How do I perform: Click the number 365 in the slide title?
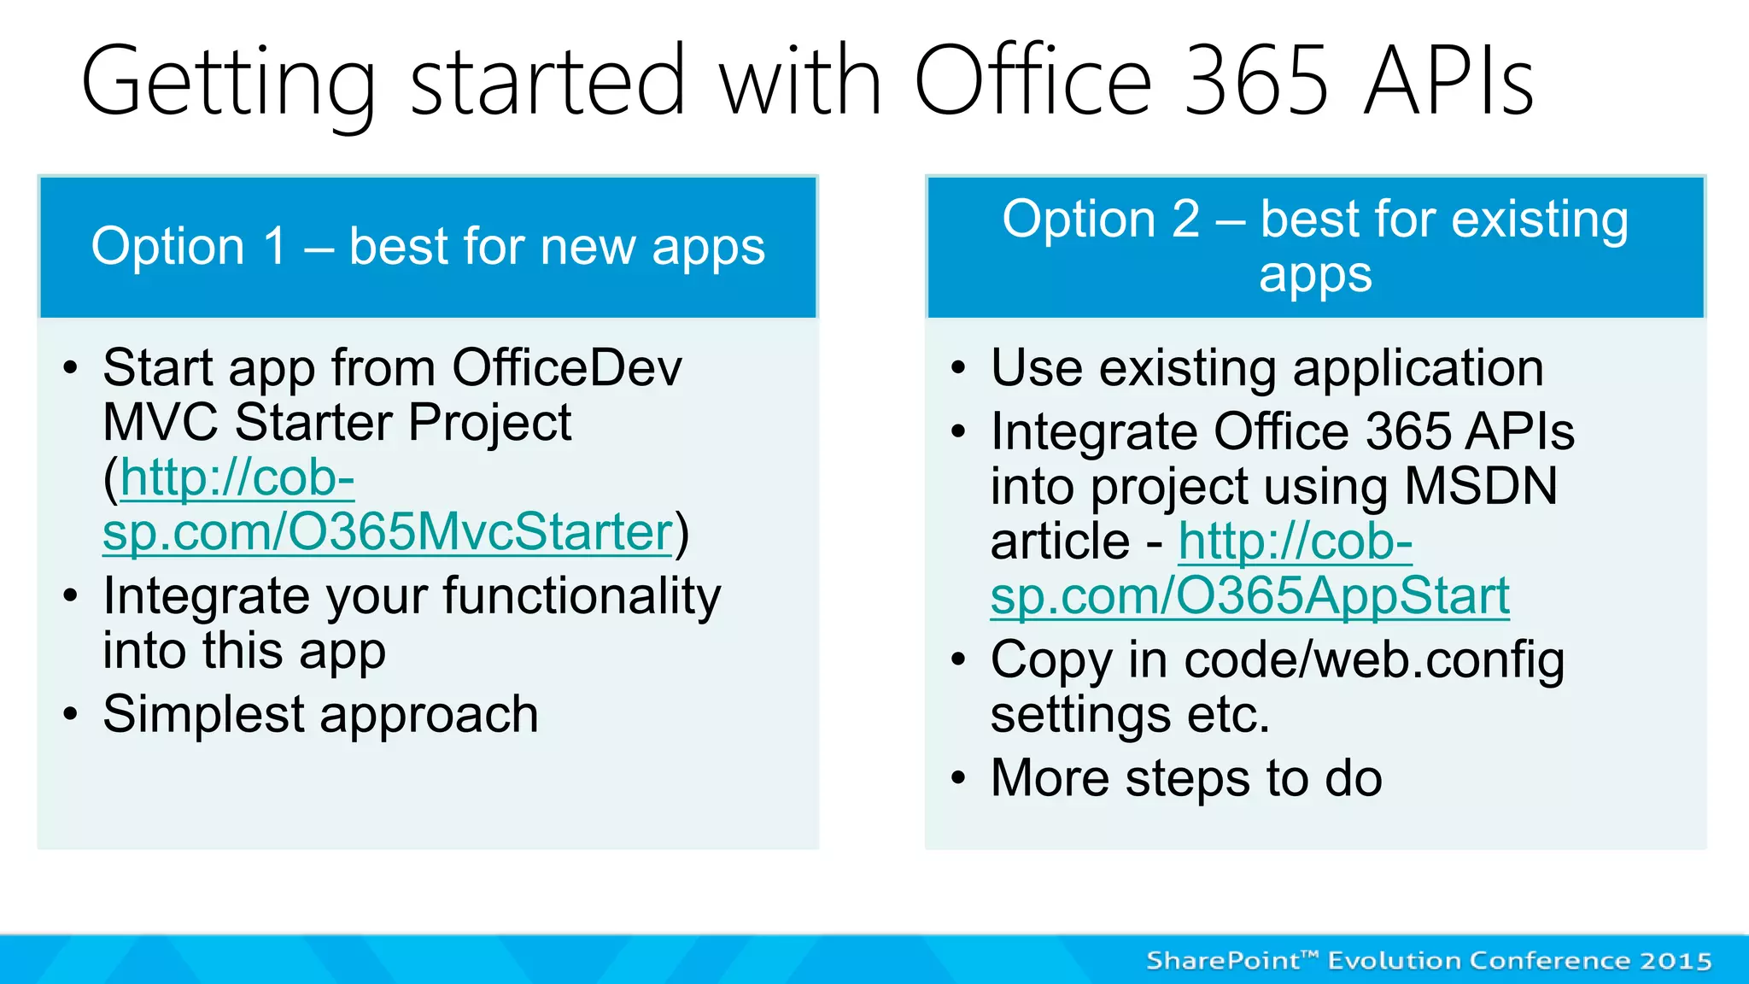1257,81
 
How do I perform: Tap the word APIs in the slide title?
1449,81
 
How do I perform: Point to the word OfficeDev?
567,368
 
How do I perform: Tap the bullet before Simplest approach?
71,714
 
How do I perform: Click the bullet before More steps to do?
958,778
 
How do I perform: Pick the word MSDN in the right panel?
1481,486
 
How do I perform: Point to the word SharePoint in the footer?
1222,961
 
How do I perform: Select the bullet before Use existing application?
958,368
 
